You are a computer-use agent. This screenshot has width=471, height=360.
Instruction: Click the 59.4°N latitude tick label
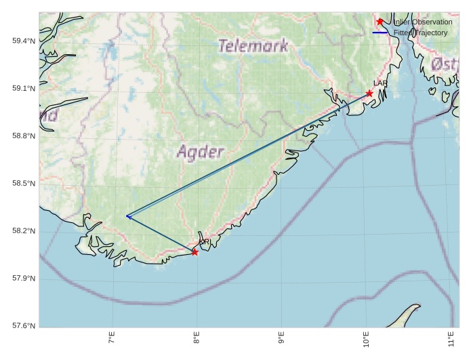23,41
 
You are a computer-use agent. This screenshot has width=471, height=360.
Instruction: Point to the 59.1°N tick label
23,89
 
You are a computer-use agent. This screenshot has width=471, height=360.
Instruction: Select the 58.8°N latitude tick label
23,136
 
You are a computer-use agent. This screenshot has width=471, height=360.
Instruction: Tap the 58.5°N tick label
23,184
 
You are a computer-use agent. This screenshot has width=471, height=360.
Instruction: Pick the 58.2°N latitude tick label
23,231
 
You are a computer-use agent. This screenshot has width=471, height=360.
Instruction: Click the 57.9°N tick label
23,279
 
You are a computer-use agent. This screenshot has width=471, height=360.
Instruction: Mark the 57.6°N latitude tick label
23,326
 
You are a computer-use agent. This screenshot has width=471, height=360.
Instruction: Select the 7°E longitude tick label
112,338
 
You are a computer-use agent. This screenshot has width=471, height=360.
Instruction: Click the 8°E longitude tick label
197,338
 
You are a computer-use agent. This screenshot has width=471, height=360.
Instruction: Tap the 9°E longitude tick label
281,338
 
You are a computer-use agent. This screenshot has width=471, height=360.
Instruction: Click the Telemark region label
253,46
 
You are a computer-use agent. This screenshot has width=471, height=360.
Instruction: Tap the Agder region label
200,152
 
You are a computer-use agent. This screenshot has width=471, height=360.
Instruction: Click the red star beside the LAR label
369,93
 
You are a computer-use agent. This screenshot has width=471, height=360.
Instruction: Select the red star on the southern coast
194,252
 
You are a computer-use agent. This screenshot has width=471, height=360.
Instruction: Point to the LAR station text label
380,83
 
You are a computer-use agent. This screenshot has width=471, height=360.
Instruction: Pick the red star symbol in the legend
380,22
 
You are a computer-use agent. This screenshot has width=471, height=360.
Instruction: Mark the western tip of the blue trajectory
127,216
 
